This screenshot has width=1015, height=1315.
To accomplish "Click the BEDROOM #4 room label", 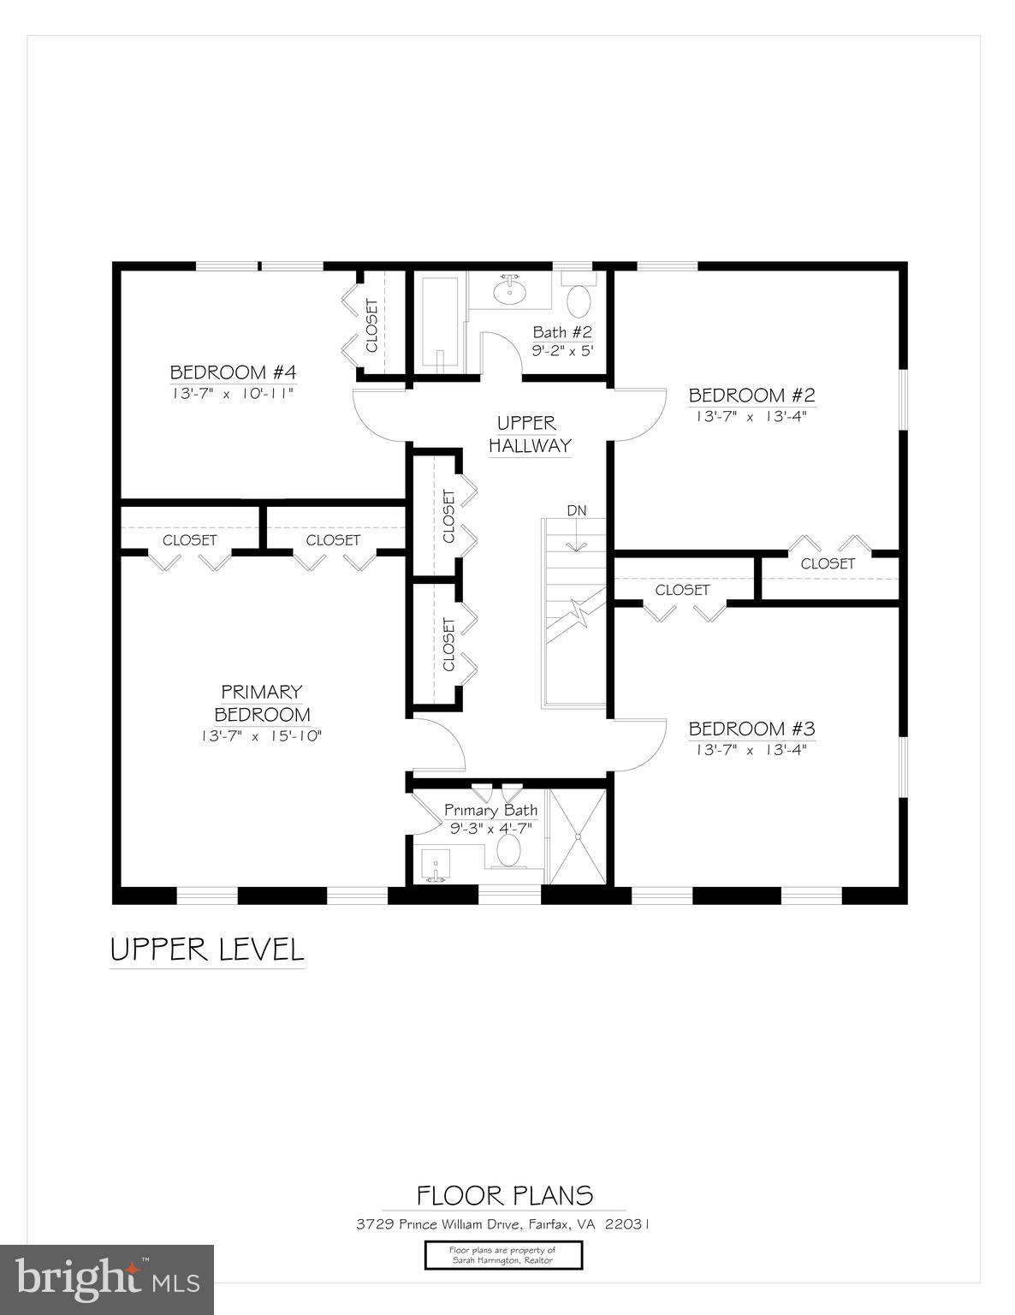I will coord(233,372).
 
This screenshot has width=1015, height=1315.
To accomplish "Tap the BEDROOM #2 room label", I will coord(751,395).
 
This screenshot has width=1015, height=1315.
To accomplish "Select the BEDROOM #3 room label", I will coord(751,729).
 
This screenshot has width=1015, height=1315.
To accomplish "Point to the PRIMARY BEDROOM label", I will coord(262,703).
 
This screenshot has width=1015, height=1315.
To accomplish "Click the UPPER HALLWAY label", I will coord(528,434).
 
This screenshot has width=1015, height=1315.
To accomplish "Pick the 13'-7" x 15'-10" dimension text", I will coord(262,736).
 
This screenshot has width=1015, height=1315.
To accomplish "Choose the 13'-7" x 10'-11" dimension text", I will coord(233,394).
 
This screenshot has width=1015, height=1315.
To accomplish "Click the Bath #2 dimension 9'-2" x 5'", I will coord(562,351).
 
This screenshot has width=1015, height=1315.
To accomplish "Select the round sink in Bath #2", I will coord(510,291).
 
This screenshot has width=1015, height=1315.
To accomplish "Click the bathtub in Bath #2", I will coord(439,323).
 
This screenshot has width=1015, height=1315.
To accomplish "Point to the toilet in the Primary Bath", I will coord(509,851).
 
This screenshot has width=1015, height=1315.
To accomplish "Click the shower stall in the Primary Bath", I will coord(577,836).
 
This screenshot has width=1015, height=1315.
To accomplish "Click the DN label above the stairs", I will coord(577,511).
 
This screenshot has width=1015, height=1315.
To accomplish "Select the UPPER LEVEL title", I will coord(207,949).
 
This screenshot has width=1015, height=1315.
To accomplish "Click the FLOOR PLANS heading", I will coord(504,1195).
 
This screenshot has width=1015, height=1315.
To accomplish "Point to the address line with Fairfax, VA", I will coord(503,1224).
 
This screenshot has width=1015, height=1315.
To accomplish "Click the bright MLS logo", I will coord(107,1279).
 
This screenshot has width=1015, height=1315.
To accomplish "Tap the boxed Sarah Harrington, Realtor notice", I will coord(503,1255).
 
